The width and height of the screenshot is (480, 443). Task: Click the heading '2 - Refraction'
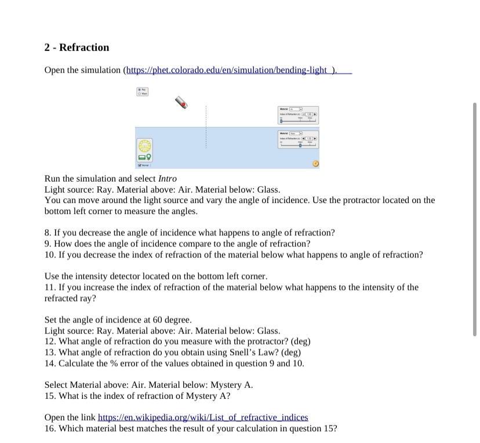(77, 48)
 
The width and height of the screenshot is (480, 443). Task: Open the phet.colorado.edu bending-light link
(230, 70)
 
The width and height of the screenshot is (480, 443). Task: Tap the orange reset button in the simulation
(316, 164)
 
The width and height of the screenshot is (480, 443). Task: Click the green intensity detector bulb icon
(150, 157)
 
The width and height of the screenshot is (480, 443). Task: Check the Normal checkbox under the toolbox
(140, 165)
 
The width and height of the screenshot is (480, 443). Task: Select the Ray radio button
(139, 90)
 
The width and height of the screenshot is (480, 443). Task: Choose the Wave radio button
(139, 94)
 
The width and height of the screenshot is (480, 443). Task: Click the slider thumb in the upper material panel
(282, 121)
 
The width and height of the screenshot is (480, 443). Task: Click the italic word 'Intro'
(168, 179)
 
